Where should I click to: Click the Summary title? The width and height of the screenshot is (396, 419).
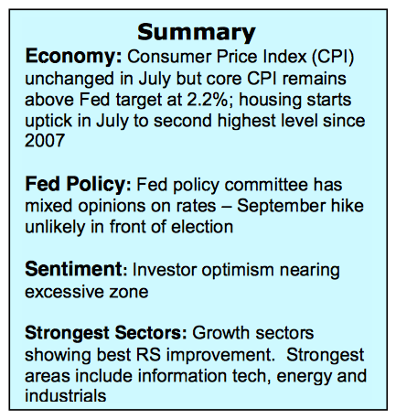(197, 33)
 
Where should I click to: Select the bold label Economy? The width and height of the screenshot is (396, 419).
(73, 58)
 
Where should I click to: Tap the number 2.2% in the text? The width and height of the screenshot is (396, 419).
(208, 100)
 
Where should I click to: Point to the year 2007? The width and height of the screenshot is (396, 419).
(45, 141)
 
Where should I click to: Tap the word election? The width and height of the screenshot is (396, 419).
(202, 227)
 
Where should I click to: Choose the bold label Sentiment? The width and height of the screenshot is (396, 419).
(73, 269)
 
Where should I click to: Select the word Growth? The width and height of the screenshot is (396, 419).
(221, 333)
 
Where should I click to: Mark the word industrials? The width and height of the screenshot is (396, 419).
(66, 396)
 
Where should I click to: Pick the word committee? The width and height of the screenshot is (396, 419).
(266, 185)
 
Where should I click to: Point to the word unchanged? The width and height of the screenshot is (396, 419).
(70, 80)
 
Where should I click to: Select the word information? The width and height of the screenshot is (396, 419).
(182, 376)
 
